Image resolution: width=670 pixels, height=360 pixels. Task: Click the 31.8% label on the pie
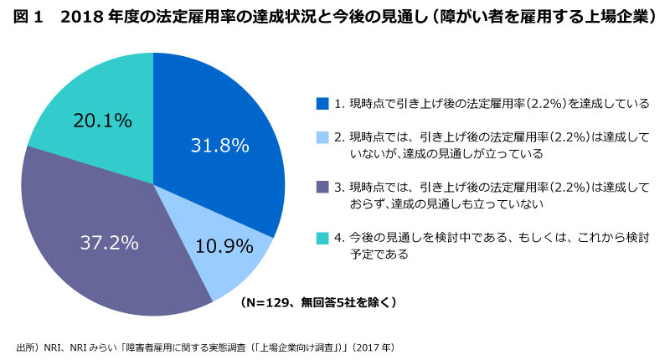click(x=219, y=145)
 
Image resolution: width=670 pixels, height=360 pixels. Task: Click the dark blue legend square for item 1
click(x=322, y=104)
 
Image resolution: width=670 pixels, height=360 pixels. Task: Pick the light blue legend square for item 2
click(x=322, y=136)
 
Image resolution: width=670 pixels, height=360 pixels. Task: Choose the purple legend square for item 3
click(x=322, y=186)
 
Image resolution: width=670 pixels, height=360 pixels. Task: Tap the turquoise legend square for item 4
click(x=322, y=237)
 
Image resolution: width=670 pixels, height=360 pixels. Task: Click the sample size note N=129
click(x=318, y=301)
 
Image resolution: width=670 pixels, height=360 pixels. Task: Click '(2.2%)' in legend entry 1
click(x=523, y=104)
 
